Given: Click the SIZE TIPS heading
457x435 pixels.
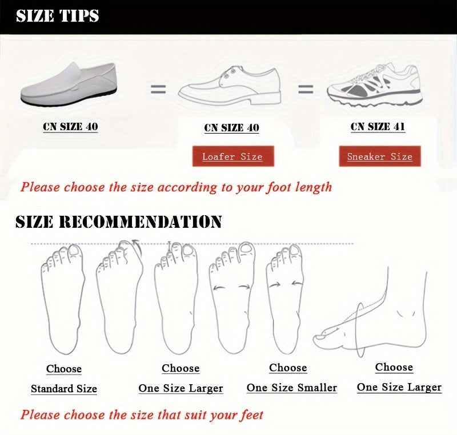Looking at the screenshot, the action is point(58,16).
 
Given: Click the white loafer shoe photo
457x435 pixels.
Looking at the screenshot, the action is point(69,84).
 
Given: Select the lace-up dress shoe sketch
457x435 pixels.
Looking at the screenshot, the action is point(230,86).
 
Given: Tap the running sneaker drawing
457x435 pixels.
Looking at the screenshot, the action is point(375,85).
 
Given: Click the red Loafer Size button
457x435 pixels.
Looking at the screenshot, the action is point(233,156).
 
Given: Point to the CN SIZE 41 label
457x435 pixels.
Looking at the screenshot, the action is point(378,127).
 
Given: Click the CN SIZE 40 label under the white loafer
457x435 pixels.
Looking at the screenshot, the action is point(70,127).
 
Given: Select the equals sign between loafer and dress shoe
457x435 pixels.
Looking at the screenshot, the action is point(158,89).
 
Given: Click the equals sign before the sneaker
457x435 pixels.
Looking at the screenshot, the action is point(306,89).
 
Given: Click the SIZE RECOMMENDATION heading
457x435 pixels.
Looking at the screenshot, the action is point(119,222).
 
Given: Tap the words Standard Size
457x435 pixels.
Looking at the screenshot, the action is point(64,389).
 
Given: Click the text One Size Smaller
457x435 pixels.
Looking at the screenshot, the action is point(292,388).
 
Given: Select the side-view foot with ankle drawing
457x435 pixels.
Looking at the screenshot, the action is point(370,313).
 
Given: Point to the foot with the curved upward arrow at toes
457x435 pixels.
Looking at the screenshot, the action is point(120,297).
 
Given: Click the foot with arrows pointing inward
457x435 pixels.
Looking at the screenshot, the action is point(284,299).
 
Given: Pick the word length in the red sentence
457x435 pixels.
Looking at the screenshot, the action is point(313,187).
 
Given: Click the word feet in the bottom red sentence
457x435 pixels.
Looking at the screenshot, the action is point(251,415).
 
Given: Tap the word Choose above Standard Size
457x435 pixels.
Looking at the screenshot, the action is point(64,369).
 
